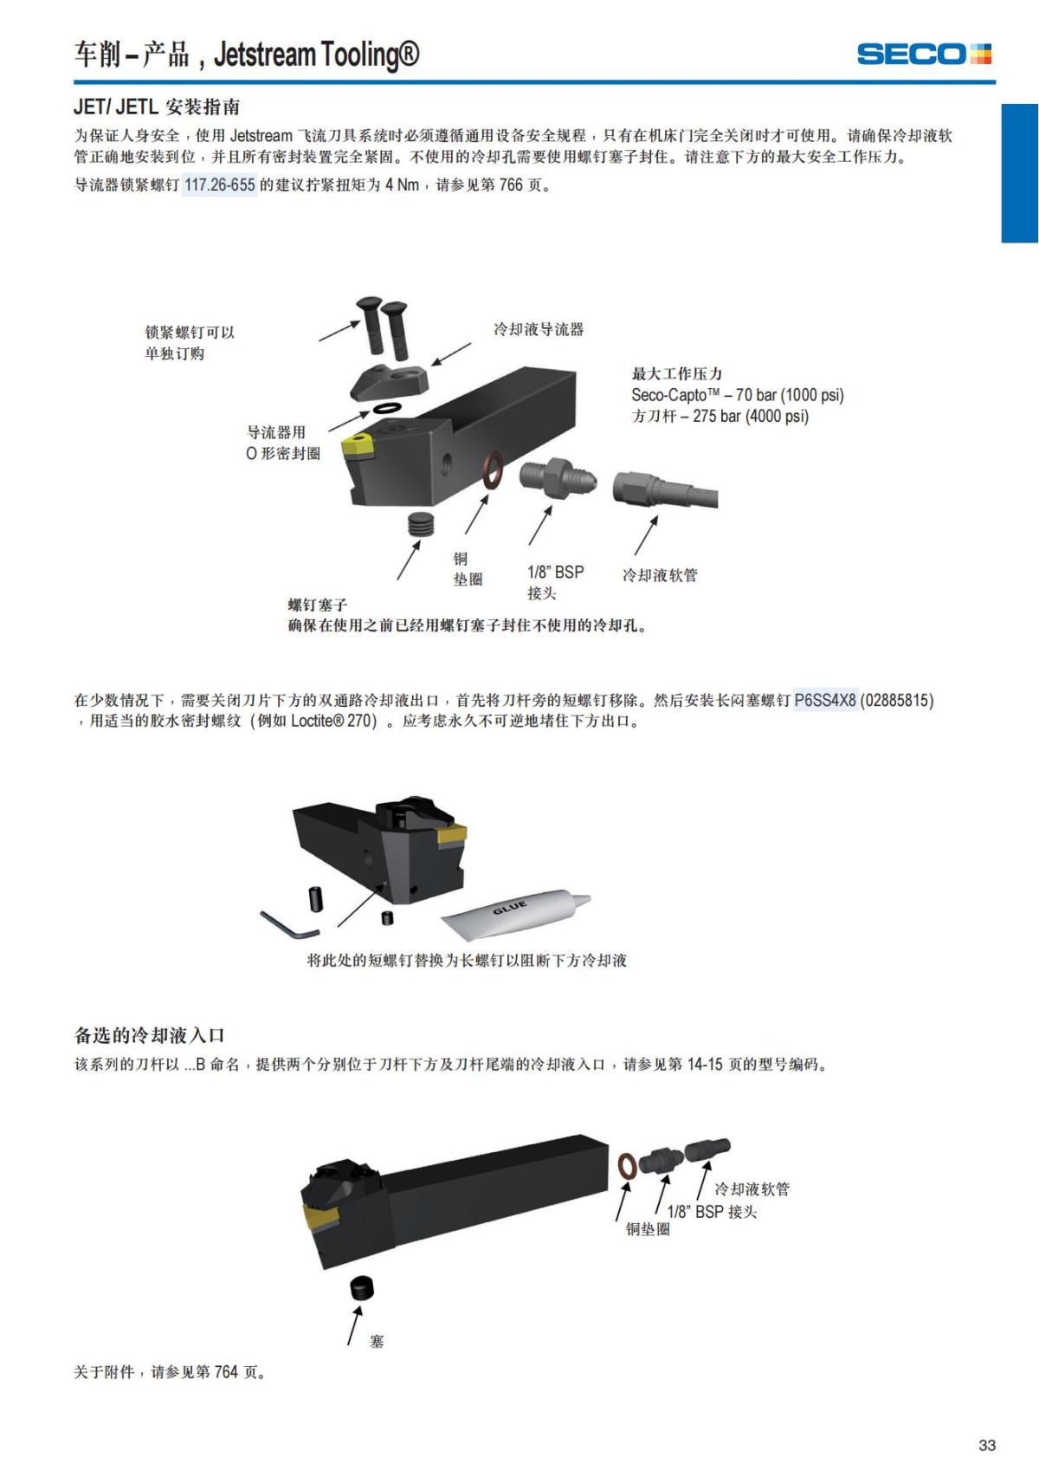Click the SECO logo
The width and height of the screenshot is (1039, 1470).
(x=923, y=54)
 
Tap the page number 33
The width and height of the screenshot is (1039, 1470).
(x=986, y=1444)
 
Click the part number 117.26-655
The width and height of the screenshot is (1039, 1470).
(x=220, y=185)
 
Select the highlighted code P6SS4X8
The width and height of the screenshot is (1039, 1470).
(x=825, y=700)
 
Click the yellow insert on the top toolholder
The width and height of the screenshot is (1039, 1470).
(x=356, y=446)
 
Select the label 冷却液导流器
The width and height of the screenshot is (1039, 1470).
(x=538, y=329)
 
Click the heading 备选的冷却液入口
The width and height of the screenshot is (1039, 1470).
(x=149, y=1035)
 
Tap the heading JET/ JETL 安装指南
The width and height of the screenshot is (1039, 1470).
(x=157, y=107)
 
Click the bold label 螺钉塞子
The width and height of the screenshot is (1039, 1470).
(x=317, y=605)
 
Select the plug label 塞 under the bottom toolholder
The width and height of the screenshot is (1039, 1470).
(x=377, y=1341)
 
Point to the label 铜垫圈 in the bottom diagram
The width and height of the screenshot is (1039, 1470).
(x=648, y=1229)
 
